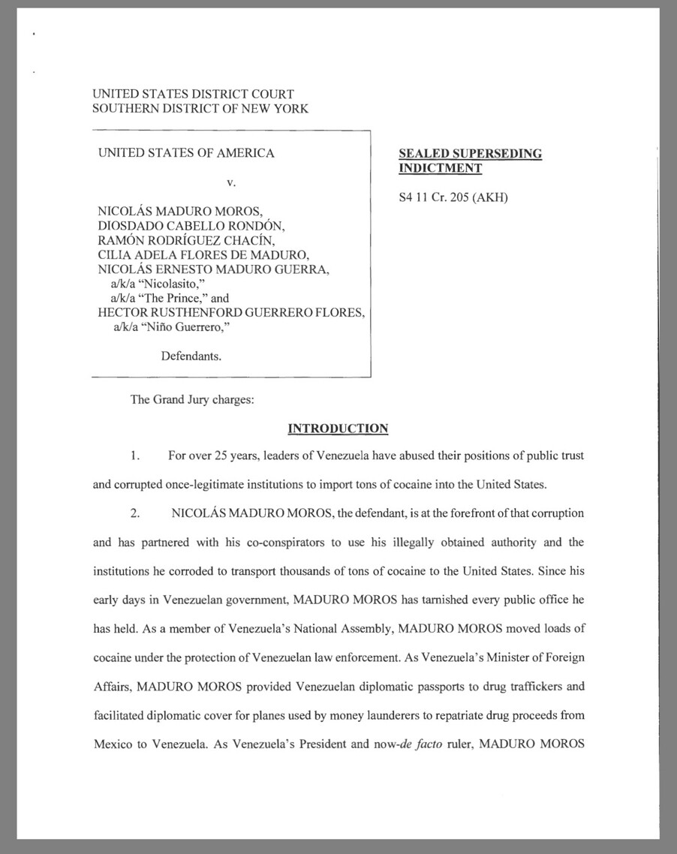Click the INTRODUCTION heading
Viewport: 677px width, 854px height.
[338, 429]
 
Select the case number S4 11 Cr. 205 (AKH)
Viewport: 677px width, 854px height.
[453, 199]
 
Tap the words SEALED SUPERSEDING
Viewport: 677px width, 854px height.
[470, 154]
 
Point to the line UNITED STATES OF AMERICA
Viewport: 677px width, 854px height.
[186, 153]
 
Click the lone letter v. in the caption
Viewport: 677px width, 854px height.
[231, 182]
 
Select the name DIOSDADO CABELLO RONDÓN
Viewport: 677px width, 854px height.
[191, 225]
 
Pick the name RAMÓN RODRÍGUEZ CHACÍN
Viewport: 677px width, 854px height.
[187, 239]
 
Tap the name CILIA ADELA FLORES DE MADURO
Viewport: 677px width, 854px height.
[198, 254]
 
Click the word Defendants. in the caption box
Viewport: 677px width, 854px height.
[191, 356]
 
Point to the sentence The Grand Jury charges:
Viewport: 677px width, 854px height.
[192, 399]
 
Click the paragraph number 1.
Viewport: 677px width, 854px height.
[134, 456]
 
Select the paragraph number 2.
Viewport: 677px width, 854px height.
[135, 514]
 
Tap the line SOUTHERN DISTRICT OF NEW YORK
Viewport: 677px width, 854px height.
[200, 109]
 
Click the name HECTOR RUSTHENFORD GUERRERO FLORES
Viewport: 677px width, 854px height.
[231, 312]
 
